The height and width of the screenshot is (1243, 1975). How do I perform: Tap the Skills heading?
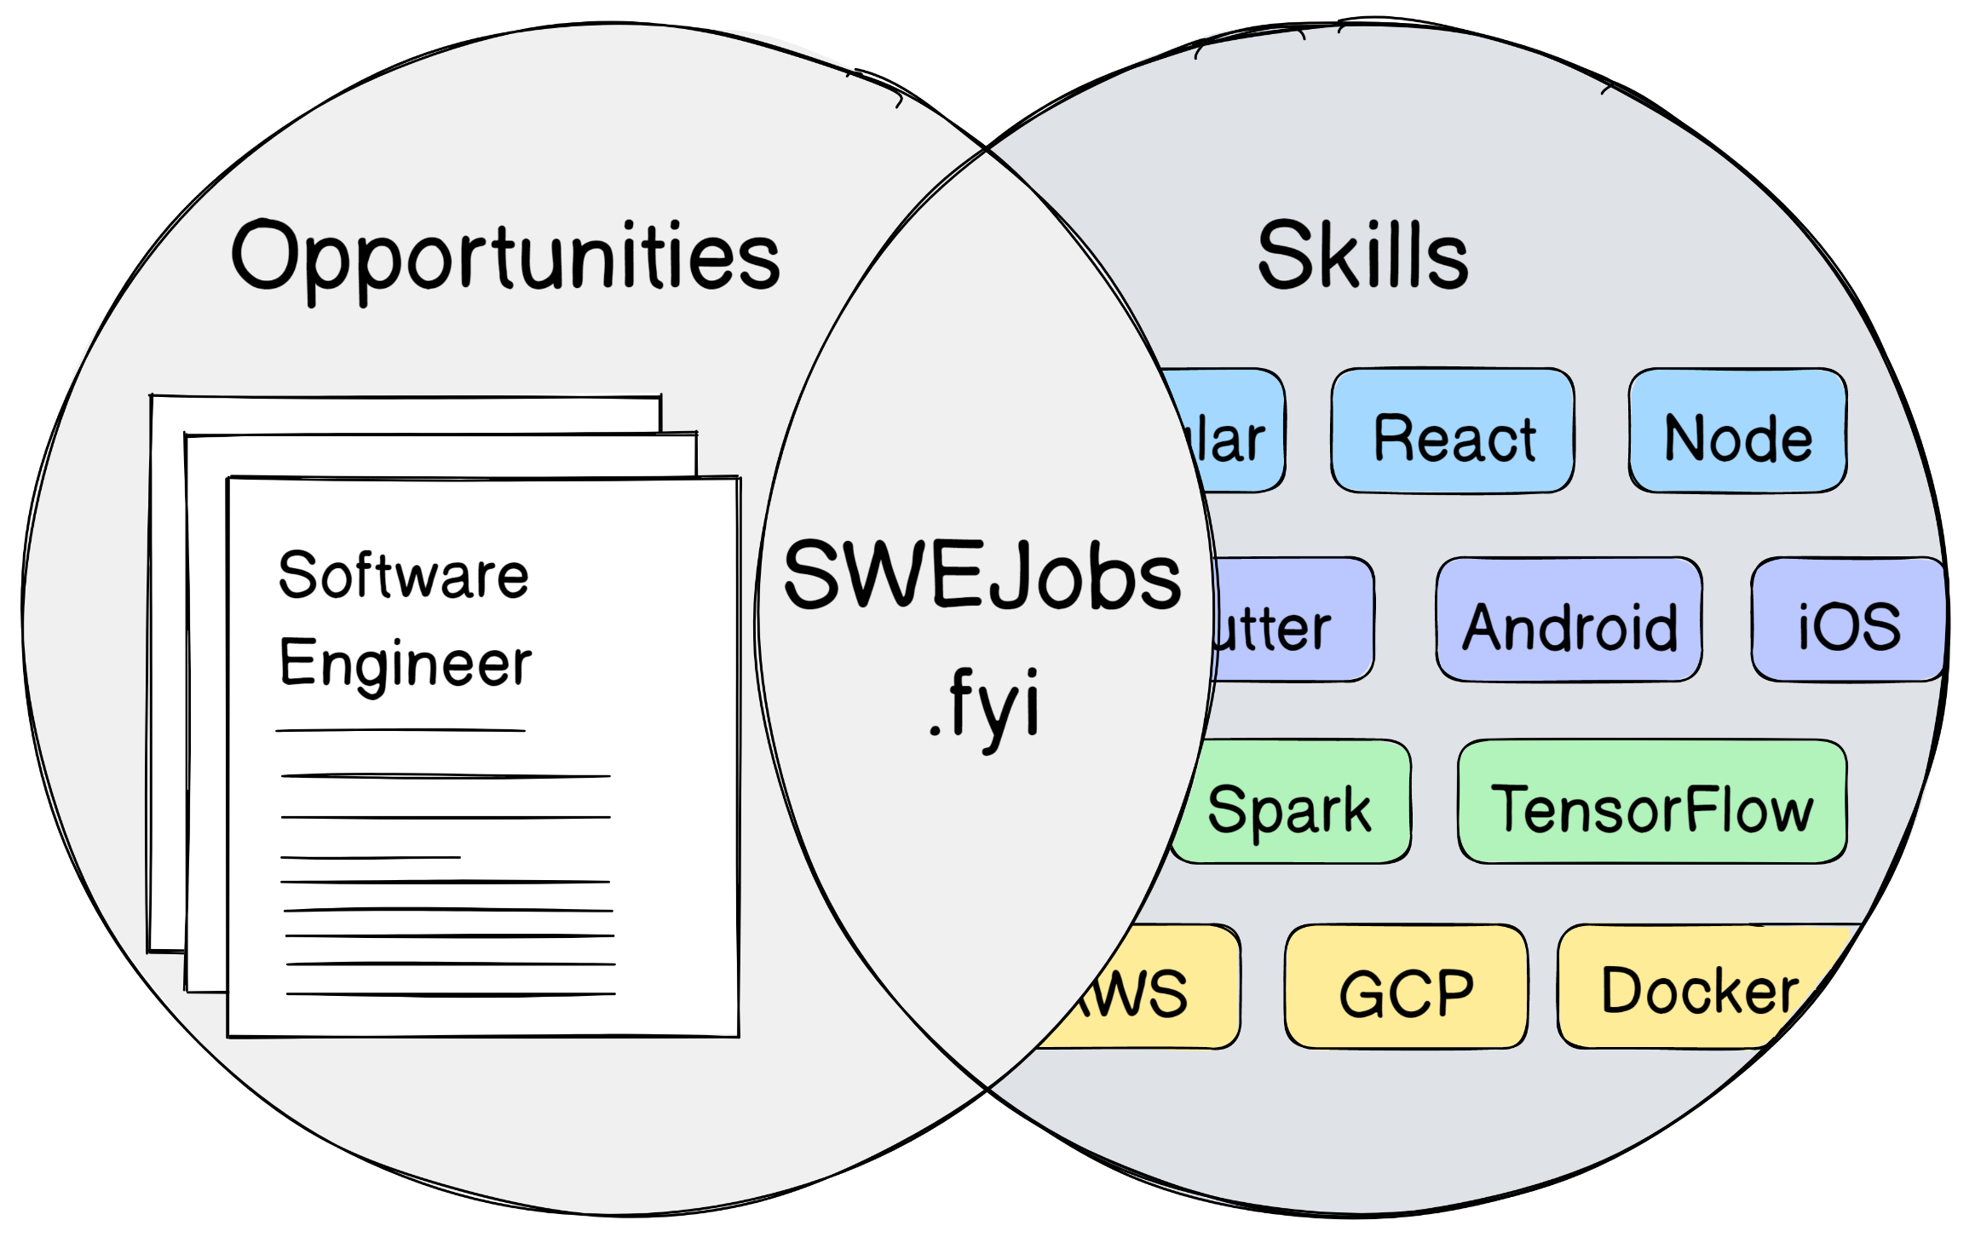coord(1362,256)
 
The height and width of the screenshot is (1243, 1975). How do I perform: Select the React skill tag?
coord(1453,432)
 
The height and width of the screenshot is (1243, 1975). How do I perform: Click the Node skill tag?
coord(1737,432)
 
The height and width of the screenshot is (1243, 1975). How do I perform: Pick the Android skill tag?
coord(1569,621)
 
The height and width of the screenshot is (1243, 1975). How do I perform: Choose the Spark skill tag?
coord(1291,803)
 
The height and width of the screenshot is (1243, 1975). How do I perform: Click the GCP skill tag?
coord(1406,988)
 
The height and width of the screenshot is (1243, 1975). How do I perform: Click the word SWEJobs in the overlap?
coord(982,576)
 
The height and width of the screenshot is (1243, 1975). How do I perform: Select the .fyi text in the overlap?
coord(985,707)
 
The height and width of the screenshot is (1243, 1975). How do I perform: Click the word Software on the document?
coord(403,576)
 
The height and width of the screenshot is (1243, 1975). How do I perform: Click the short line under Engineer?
coord(400,730)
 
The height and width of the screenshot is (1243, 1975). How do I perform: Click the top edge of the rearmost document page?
coord(406,396)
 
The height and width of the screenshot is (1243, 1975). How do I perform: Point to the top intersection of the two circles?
coord(987,151)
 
